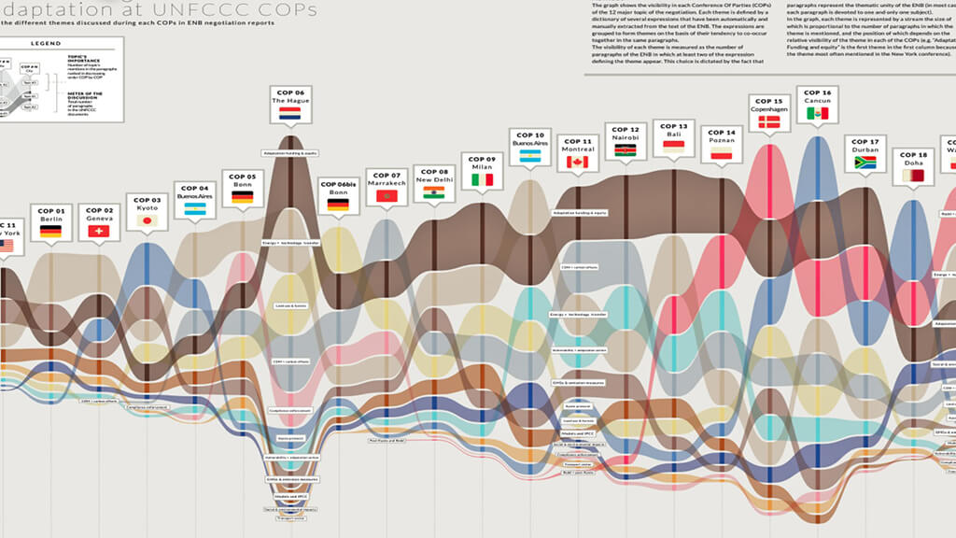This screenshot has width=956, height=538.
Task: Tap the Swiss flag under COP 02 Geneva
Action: point(100,231)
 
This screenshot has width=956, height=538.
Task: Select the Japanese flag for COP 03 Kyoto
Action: point(147,220)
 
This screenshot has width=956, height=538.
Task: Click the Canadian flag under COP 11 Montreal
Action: point(578,162)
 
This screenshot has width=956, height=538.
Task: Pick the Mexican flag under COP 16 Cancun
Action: point(817,114)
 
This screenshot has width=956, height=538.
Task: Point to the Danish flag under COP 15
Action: point(769,121)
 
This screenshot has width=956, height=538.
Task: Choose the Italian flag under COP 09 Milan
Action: point(482,179)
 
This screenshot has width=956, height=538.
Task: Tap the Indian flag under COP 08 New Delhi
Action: point(434,192)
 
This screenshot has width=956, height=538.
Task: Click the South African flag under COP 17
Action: point(865,163)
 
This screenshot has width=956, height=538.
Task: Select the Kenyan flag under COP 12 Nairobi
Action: point(626,149)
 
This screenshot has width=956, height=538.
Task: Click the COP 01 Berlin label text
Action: point(50,215)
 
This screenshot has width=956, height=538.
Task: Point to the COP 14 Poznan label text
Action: point(721,136)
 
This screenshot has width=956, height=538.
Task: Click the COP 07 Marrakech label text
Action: point(386,179)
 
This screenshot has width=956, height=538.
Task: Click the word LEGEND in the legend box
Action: point(45,44)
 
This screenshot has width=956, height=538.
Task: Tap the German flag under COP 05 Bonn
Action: point(242,197)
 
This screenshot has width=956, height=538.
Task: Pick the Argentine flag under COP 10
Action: point(529,157)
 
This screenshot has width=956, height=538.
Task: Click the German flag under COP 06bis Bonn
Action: point(337,204)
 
